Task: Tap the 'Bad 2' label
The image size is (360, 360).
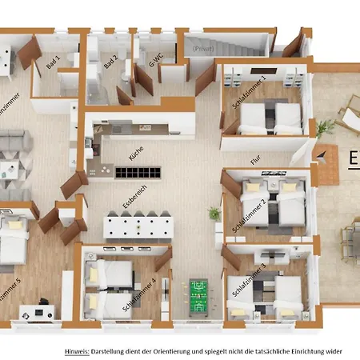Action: coord(110,61)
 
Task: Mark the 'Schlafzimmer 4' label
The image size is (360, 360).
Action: coord(141,294)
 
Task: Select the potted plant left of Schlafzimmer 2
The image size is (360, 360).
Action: coord(214,214)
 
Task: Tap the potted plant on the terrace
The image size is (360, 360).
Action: coord(323,128)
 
